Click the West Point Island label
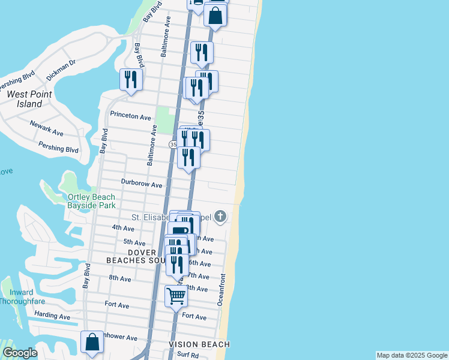tap(29, 99)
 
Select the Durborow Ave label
tap(142, 185)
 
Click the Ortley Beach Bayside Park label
tap(91, 202)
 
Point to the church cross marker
tap(220, 216)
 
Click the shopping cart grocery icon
tap(176, 295)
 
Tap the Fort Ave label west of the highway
tap(116, 305)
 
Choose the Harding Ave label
tap(52, 316)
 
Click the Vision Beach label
tap(199, 344)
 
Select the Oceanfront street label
tap(221, 290)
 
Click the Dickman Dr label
tap(61, 70)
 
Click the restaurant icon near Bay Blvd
tap(130, 79)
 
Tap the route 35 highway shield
tap(173, 145)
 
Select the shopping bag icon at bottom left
tap(92, 341)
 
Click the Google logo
tap(20, 353)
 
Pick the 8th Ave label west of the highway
tap(120, 278)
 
